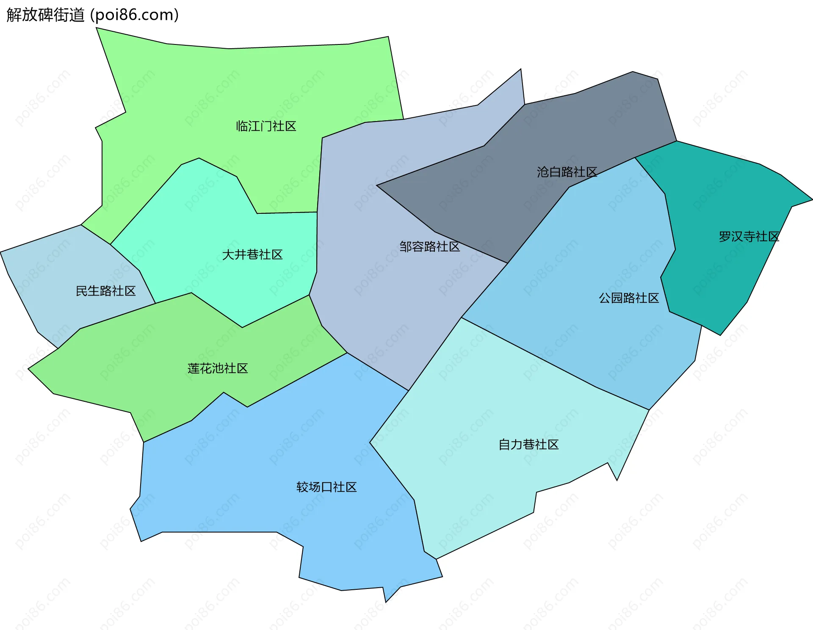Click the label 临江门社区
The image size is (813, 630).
(x=266, y=126)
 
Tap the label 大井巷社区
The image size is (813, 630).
(x=252, y=254)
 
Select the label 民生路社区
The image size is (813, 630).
(x=105, y=291)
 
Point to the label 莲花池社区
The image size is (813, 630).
(x=218, y=368)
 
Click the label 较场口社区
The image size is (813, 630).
(x=326, y=487)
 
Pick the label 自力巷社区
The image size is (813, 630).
(x=528, y=445)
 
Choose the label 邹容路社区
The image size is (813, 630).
(x=429, y=246)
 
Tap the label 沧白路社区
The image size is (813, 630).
(x=567, y=172)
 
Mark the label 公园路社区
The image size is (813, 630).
(x=629, y=298)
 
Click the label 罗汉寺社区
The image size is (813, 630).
(x=749, y=237)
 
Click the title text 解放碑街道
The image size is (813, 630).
(x=45, y=15)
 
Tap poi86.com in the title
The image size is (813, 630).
(x=135, y=15)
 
